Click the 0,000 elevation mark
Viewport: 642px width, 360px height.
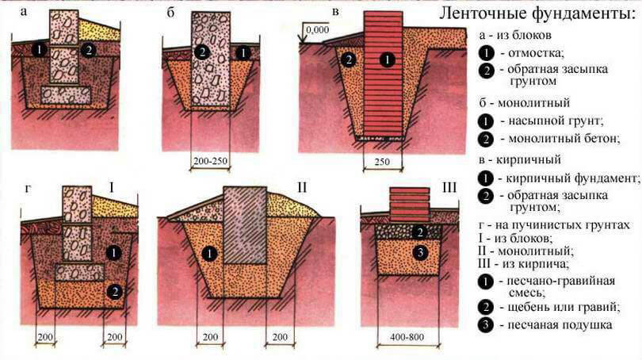tap(317, 29)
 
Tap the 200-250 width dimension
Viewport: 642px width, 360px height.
tap(210, 161)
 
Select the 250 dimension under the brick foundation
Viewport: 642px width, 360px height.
tap(382, 161)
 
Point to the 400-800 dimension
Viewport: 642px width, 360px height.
tap(407, 337)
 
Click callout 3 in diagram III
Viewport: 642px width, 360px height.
tap(419, 253)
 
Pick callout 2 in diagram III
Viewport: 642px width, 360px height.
tap(419, 232)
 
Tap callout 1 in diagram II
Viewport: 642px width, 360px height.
tap(209, 254)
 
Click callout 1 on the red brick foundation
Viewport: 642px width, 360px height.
tap(387, 59)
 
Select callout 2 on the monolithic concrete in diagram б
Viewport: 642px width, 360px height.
tap(202, 52)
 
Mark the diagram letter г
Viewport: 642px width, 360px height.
tap(28, 189)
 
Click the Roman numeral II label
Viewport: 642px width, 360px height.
tap(302, 187)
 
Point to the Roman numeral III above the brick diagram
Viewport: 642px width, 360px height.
tap(449, 188)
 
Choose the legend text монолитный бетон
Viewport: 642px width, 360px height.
tap(564, 139)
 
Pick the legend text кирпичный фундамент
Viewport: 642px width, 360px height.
tap(572, 178)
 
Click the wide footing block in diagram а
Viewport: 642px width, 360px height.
tap(66, 95)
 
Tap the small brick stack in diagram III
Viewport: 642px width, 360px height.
tap(410, 205)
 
